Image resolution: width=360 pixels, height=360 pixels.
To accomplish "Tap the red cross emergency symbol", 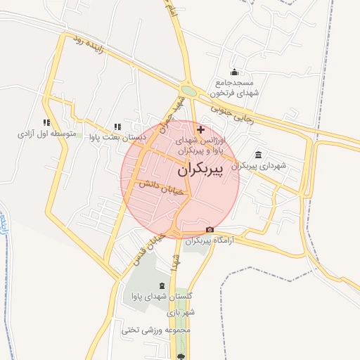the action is point(202,129).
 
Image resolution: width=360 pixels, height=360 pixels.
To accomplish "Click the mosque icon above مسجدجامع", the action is point(234,72).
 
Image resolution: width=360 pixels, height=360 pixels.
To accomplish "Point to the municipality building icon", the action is point(259,155).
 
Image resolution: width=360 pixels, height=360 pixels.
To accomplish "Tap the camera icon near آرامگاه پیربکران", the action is point(210,230).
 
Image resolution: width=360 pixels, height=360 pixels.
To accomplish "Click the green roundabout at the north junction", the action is point(188,91).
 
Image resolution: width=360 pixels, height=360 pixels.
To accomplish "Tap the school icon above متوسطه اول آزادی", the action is point(46,122).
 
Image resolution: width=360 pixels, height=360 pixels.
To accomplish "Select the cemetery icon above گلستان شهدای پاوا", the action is point(163,285).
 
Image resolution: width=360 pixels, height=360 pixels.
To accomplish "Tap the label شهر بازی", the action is point(181,311).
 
